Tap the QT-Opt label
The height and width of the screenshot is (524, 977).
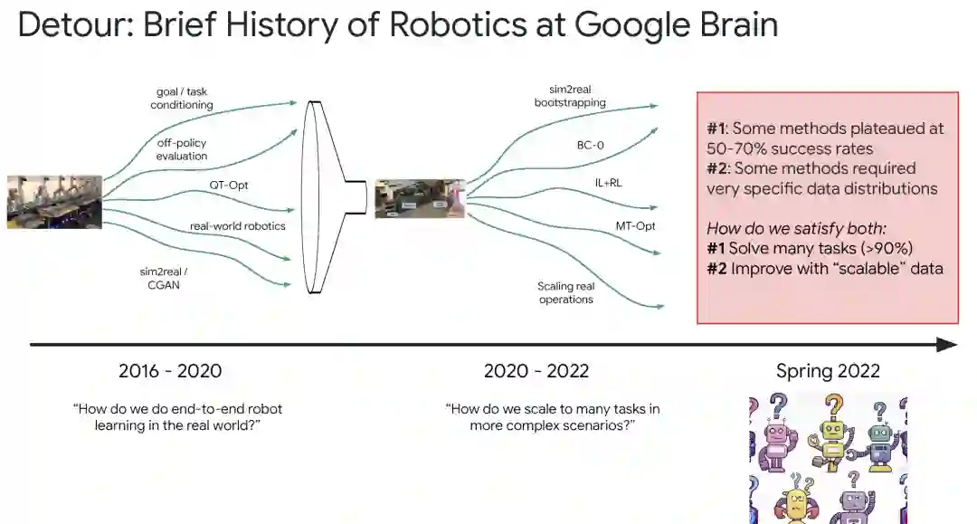pos(228,186)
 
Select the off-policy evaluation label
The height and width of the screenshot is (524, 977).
pos(182,149)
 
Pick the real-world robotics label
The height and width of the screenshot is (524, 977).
pos(237,225)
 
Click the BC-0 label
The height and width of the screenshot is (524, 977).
pos(592,144)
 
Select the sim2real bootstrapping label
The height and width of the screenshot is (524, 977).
pos(570,96)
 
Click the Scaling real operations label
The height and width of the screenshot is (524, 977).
pos(565,292)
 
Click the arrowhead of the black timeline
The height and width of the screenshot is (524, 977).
pos(947,345)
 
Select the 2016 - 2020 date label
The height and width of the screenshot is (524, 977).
pos(170,371)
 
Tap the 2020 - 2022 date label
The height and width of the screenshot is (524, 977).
pos(536,371)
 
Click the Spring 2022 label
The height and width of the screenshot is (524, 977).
pos(828,371)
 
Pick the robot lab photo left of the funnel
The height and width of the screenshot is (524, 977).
pos(54,201)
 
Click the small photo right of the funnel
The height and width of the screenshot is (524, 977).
pos(420,198)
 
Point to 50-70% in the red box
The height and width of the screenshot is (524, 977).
pos(737,148)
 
